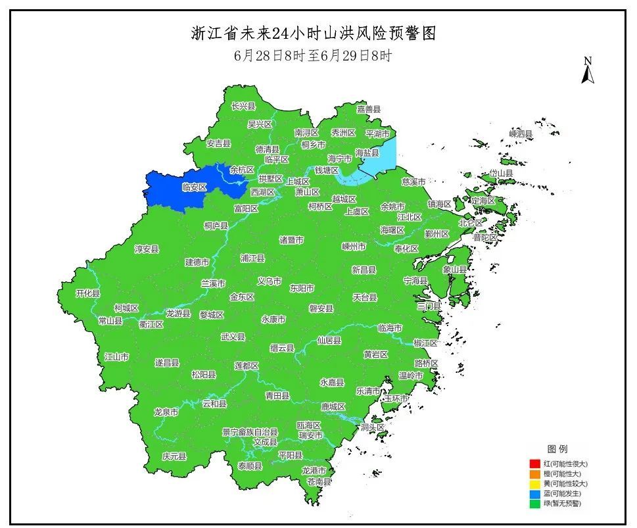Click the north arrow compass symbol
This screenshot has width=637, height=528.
[x=588, y=71]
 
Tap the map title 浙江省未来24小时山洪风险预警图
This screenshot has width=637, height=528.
[x=314, y=34]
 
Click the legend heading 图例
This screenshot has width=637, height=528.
[x=557, y=449]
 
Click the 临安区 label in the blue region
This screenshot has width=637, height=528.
[x=194, y=187]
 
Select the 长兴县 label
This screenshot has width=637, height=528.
[x=243, y=106]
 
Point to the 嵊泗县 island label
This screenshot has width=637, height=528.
[x=521, y=134]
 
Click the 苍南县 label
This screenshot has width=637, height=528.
[x=319, y=481]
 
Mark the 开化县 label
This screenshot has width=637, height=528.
[x=87, y=293]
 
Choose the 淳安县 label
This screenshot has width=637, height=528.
[x=147, y=249]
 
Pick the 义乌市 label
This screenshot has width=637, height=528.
[x=270, y=281]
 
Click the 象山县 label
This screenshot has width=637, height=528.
[x=454, y=269]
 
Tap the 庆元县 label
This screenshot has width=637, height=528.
[x=174, y=456]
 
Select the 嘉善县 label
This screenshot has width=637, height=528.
[x=369, y=109]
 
